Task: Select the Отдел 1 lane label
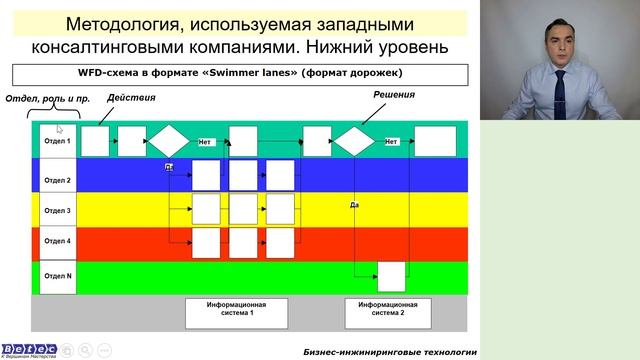click(57, 141)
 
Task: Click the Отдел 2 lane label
click(57, 180)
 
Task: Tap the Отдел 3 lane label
click(57, 211)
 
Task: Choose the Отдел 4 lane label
click(57, 241)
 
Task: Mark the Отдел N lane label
click(57, 275)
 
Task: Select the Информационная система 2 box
click(381, 311)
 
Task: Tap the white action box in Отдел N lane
click(391, 275)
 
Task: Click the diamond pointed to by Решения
click(353, 141)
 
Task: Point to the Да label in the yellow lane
click(354, 204)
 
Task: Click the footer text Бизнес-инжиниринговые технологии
click(390, 352)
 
